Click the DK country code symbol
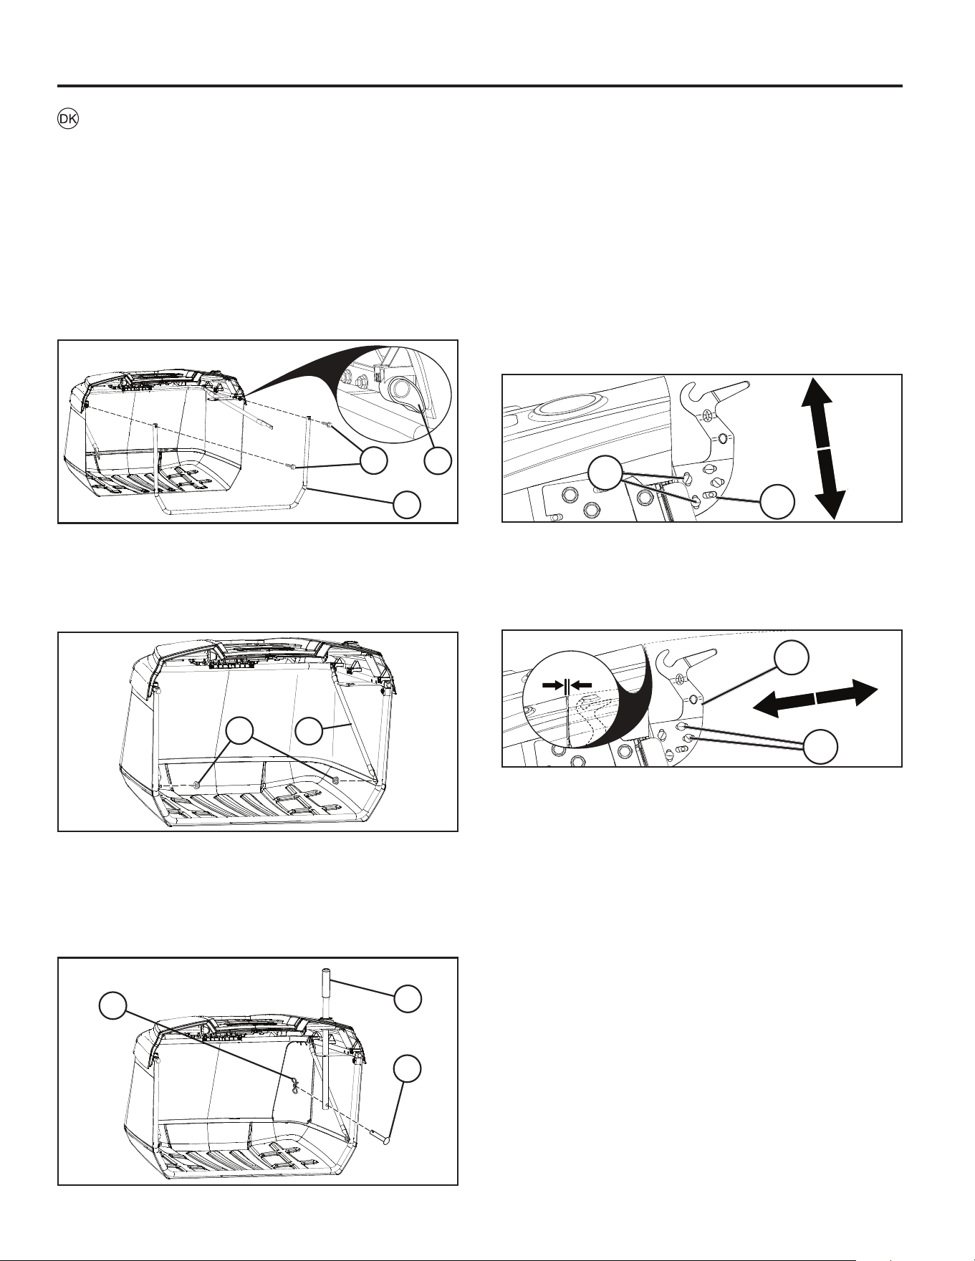(68, 120)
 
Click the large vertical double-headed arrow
(824, 448)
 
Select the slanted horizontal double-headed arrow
(815, 698)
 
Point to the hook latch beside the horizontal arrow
(689, 659)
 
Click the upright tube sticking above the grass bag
(325, 1038)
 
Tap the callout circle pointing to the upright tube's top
(408, 999)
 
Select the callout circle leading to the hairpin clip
(113, 1005)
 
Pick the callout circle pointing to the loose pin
(408, 1068)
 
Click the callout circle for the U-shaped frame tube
(407, 504)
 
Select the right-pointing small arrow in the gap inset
(552, 685)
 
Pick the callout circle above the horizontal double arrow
(792, 656)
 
